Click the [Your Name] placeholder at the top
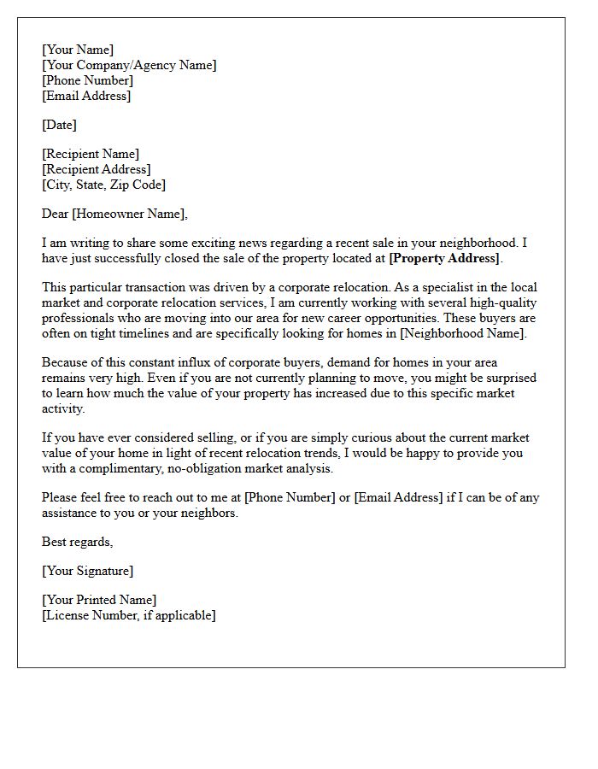click(78, 50)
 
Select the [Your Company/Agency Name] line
click(129, 65)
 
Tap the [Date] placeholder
click(59, 125)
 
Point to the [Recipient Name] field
click(91, 154)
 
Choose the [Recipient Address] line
click(97, 169)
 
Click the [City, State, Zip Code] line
click(103, 185)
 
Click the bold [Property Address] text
click(444, 258)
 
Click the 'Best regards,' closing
click(78, 542)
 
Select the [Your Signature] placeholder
click(88, 571)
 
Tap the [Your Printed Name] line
click(99, 600)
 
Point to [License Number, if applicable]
click(129, 615)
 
